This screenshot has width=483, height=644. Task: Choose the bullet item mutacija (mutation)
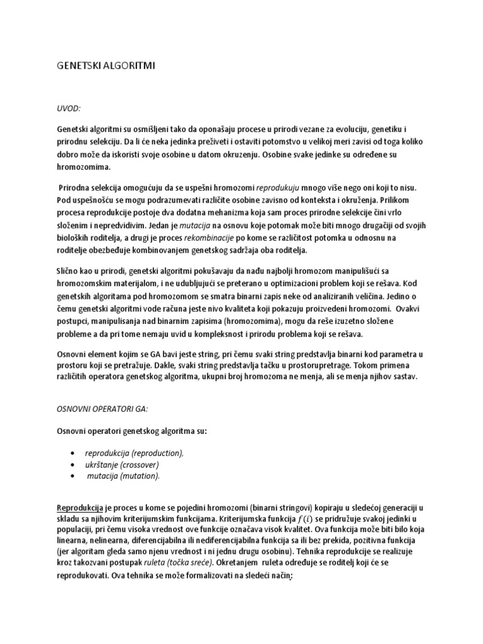pos(124,476)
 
